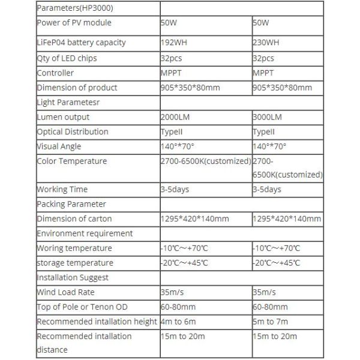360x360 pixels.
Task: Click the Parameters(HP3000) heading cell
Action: (x=74, y=8)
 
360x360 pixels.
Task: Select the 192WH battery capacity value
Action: (x=175, y=44)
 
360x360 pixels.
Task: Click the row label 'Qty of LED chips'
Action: (x=67, y=59)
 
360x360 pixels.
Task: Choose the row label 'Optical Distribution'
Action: (x=73, y=132)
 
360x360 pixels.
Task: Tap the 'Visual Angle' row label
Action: (x=59, y=146)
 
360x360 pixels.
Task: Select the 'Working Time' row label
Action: (x=62, y=190)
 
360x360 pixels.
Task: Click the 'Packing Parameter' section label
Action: (x=71, y=204)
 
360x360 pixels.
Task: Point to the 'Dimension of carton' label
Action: (x=74, y=219)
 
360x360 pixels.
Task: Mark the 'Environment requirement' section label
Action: (x=85, y=233)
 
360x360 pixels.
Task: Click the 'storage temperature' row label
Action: (x=75, y=263)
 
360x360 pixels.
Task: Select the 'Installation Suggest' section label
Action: (x=73, y=278)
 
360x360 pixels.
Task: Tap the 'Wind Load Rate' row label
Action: (x=66, y=292)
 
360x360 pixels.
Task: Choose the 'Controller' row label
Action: (x=55, y=73)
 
